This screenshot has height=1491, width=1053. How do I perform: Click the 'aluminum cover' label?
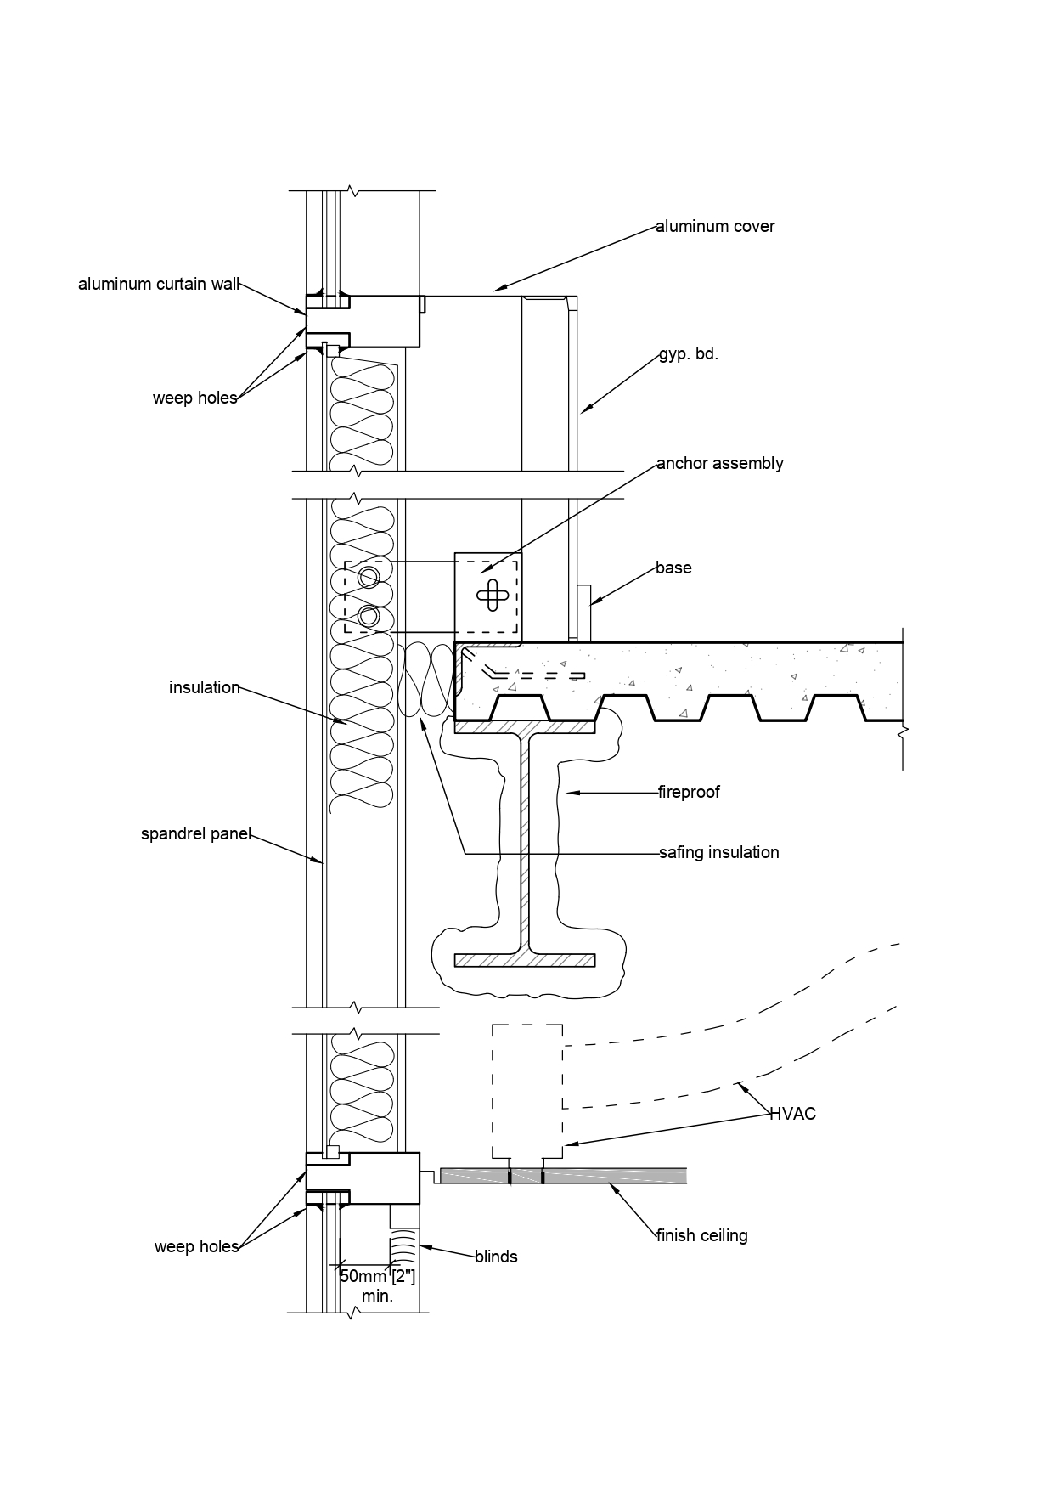(x=715, y=226)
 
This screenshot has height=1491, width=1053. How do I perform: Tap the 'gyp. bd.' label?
(x=689, y=354)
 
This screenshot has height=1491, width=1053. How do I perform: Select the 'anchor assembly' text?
(x=720, y=463)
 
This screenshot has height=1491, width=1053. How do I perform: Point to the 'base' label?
(x=673, y=568)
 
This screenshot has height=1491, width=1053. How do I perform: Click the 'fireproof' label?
(x=689, y=792)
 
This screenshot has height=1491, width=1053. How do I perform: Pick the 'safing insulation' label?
(x=718, y=852)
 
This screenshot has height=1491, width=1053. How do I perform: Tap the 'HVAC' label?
(x=792, y=1114)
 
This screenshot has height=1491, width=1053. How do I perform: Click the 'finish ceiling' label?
(x=701, y=1235)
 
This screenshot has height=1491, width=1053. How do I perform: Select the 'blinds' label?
(x=496, y=1257)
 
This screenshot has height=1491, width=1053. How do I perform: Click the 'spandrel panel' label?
(x=196, y=834)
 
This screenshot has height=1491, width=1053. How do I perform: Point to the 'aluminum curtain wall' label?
(x=159, y=284)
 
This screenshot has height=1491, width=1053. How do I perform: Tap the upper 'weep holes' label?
(x=195, y=398)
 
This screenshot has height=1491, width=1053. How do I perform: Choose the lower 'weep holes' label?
(x=197, y=1246)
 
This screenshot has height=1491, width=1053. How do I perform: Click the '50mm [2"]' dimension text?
(x=377, y=1275)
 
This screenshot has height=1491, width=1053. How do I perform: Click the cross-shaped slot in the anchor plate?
(x=493, y=594)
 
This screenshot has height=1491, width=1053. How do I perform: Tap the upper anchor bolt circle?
(x=369, y=578)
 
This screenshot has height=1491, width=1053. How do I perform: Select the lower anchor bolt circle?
(x=369, y=616)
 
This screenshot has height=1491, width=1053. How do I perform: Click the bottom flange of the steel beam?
(x=525, y=960)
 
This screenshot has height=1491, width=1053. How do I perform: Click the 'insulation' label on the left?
(x=205, y=687)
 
